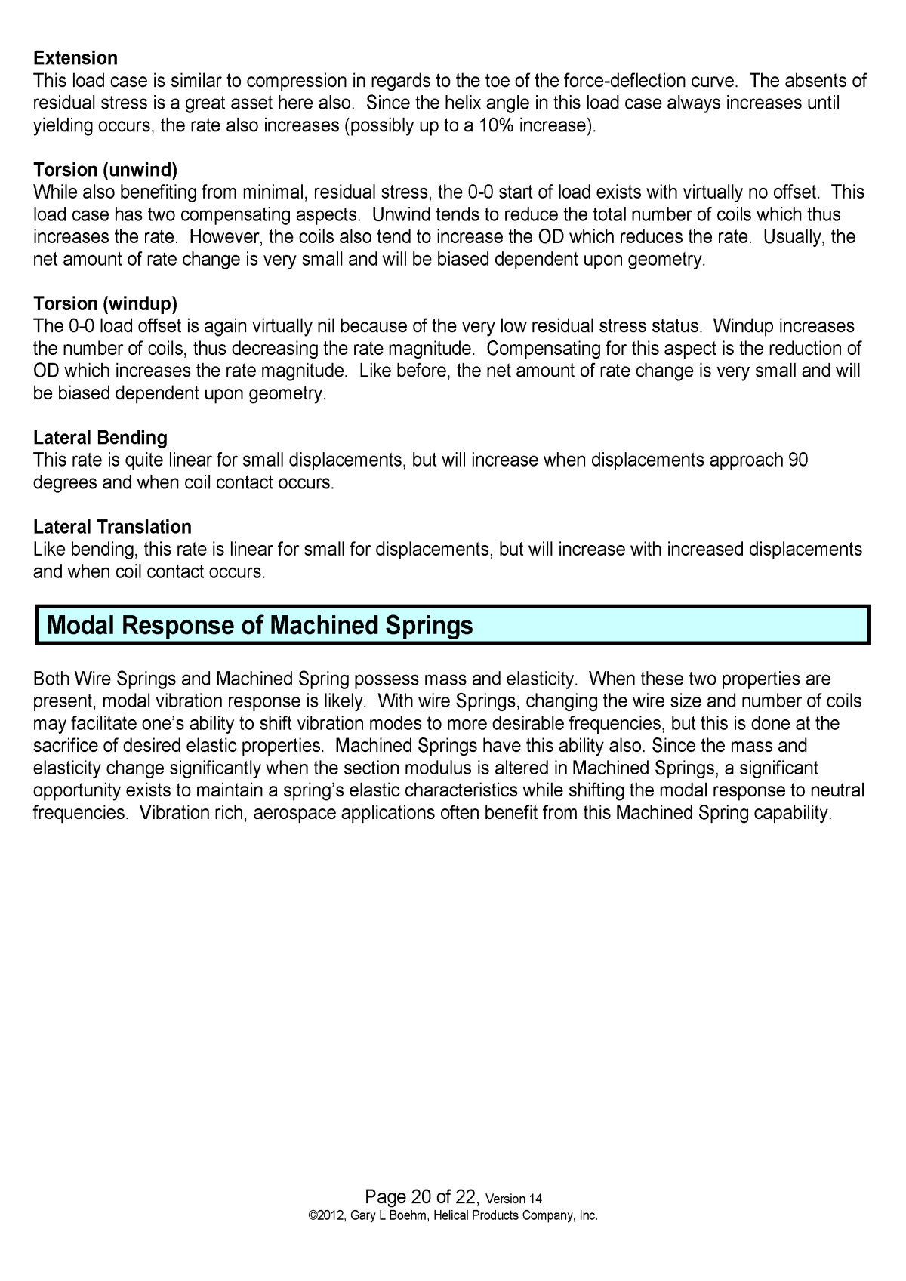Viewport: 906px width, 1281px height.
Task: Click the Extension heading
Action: click(75, 58)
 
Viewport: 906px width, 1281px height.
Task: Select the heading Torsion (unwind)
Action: click(105, 170)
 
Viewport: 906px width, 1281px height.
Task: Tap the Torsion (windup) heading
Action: click(105, 303)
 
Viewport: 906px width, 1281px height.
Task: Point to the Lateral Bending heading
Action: click(100, 438)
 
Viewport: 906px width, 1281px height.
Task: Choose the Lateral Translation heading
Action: click(112, 527)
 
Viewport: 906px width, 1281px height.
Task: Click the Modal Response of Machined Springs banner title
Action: click(260, 626)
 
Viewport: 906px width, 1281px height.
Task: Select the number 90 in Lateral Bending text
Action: click(798, 460)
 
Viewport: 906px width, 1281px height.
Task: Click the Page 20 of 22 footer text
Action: click(421, 1196)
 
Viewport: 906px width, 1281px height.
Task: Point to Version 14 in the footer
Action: click(513, 1199)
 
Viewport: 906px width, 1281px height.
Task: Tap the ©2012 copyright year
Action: click(326, 1215)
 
